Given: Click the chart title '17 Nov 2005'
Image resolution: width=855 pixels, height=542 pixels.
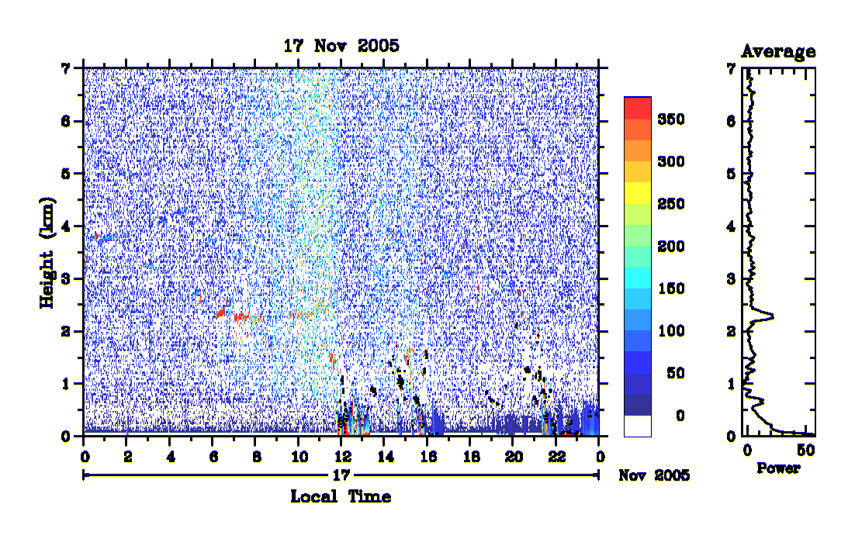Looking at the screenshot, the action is (x=341, y=46).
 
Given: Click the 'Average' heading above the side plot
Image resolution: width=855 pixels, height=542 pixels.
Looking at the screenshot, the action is (x=778, y=52).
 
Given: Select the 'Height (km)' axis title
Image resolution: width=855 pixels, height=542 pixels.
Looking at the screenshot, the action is (x=47, y=253).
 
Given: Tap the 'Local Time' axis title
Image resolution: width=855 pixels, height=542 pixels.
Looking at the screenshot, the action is (x=341, y=497).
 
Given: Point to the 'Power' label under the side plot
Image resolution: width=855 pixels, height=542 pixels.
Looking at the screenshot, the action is (x=778, y=468).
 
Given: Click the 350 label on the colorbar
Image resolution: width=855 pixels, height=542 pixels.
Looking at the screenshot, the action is (x=670, y=119).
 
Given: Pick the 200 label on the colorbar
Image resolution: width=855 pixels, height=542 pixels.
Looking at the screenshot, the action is (x=670, y=247).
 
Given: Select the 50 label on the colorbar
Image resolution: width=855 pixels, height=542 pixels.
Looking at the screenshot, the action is (x=675, y=373).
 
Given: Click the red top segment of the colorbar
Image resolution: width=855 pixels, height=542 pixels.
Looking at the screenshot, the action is (x=638, y=108).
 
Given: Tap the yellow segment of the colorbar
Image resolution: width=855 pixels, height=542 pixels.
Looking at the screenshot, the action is (x=638, y=193).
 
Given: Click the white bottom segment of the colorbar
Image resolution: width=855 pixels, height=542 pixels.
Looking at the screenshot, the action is (x=638, y=426).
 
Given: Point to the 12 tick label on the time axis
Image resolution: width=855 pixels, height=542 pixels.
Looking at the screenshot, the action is (x=342, y=457).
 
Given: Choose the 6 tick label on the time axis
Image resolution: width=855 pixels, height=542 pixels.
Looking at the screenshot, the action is (x=213, y=457).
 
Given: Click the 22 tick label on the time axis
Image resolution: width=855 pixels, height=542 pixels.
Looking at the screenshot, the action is (x=556, y=457).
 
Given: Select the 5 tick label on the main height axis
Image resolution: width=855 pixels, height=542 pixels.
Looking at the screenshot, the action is (x=66, y=174).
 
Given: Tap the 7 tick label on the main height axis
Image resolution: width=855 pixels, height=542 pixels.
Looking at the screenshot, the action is (x=66, y=69).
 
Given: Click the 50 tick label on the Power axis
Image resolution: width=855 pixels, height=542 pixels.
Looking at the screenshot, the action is (x=806, y=451).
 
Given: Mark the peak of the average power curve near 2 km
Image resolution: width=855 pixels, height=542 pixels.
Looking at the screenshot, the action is (x=774, y=316).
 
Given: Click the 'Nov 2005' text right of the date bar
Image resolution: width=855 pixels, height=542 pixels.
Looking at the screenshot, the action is (x=654, y=475).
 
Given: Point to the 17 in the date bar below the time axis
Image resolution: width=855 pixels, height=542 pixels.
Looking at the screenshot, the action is (x=341, y=475).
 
